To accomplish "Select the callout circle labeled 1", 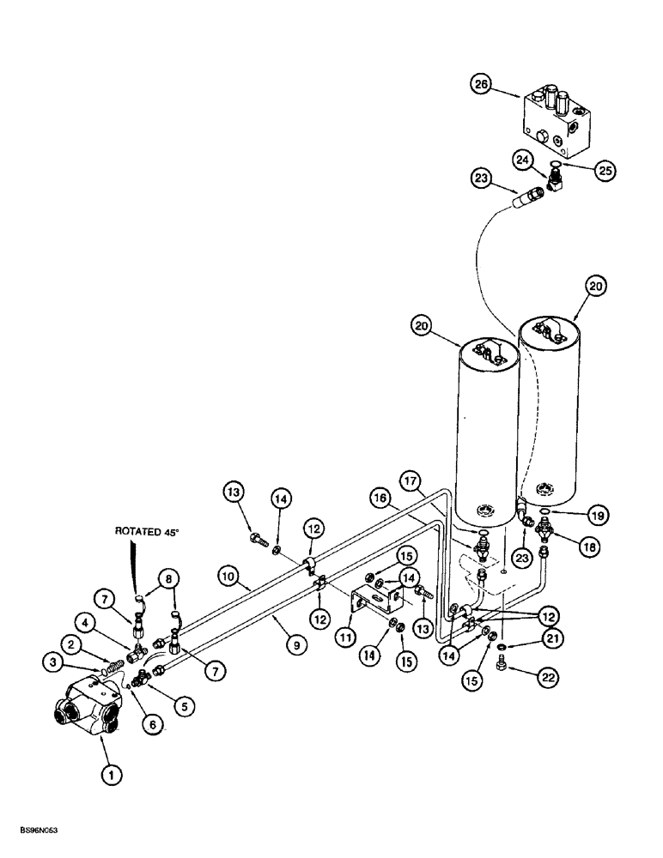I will [109, 775].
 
